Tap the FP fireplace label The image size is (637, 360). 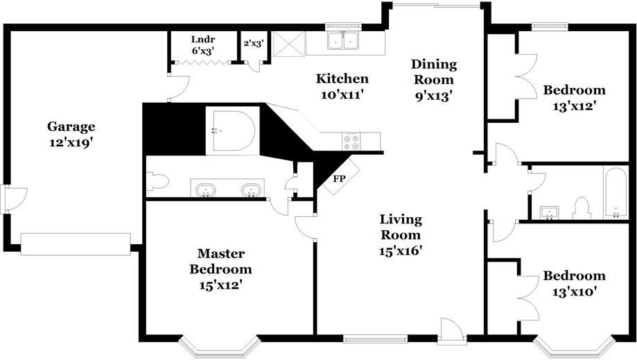(x=339, y=178)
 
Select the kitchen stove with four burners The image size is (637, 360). (x=351, y=142)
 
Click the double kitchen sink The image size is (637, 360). (x=343, y=40)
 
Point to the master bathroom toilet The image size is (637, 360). (x=157, y=181)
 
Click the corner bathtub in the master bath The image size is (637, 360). (x=232, y=130)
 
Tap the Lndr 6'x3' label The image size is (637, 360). (x=202, y=45)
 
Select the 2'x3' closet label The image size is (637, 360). (x=254, y=43)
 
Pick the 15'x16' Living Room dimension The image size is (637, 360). (x=401, y=251)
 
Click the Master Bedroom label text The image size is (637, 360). (x=220, y=262)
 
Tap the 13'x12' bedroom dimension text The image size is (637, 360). (x=574, y=106)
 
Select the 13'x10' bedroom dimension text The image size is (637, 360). (x=574, y=291)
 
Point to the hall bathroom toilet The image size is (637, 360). (x=582, y=209)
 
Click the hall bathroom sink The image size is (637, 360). (x=549, y=212)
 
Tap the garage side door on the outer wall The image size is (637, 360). (x=6, y=199)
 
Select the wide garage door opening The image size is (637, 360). (x=76, y=243)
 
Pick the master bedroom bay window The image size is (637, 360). (x=219, y=349)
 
